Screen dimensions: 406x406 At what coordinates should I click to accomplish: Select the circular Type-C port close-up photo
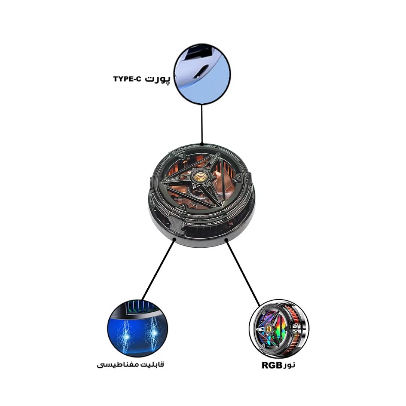coord(202,74)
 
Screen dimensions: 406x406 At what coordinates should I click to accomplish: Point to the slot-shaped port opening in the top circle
coord(201,71)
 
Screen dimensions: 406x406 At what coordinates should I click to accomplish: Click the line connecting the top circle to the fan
coord(202,124)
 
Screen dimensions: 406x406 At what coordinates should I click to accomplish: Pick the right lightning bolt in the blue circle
coord(153,334)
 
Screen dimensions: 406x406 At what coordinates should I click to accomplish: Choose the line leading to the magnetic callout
coord(158,269)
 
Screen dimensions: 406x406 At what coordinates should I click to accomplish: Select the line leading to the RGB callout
coord(242,273)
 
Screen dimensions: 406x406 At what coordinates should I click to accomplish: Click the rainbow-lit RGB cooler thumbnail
coord(279,329)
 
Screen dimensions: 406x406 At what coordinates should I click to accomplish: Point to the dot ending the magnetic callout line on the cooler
coord(174,240)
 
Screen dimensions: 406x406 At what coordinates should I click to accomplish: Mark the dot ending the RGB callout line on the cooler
coord(226,240)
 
